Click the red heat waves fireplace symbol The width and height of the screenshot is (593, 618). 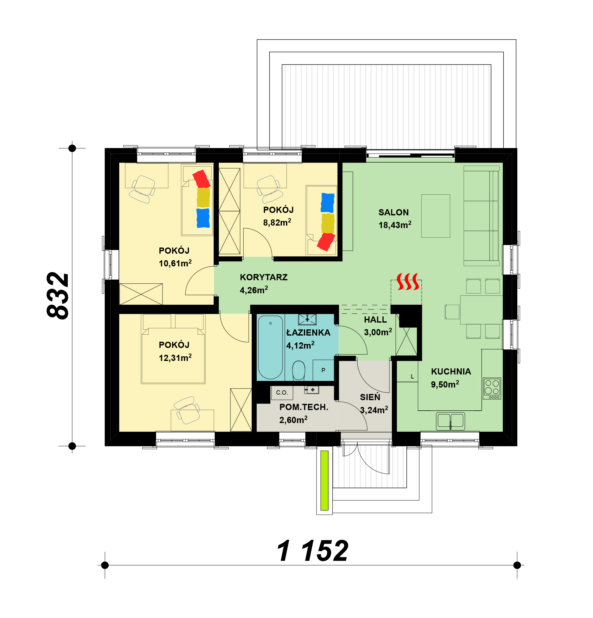point(408,281)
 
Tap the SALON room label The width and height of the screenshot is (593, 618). point(393,213)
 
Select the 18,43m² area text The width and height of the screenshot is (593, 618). point(395,225)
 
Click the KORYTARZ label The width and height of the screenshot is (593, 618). point(264,277)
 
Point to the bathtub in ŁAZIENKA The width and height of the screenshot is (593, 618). point(270,347)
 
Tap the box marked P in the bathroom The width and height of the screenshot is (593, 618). point(323,370)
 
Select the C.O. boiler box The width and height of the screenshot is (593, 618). point(282,393)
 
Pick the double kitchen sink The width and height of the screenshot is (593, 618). point(451,421)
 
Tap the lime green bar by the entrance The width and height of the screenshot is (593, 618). point(325,480)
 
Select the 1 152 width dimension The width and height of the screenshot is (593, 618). point(313,551)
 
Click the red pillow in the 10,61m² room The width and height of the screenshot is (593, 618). point(201,179)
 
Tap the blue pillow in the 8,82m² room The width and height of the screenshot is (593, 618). point(328,203)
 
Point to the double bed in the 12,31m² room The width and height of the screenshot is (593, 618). point(173,349)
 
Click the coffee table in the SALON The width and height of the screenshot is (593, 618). point(436,216)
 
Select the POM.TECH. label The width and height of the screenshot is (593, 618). point(304,407)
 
